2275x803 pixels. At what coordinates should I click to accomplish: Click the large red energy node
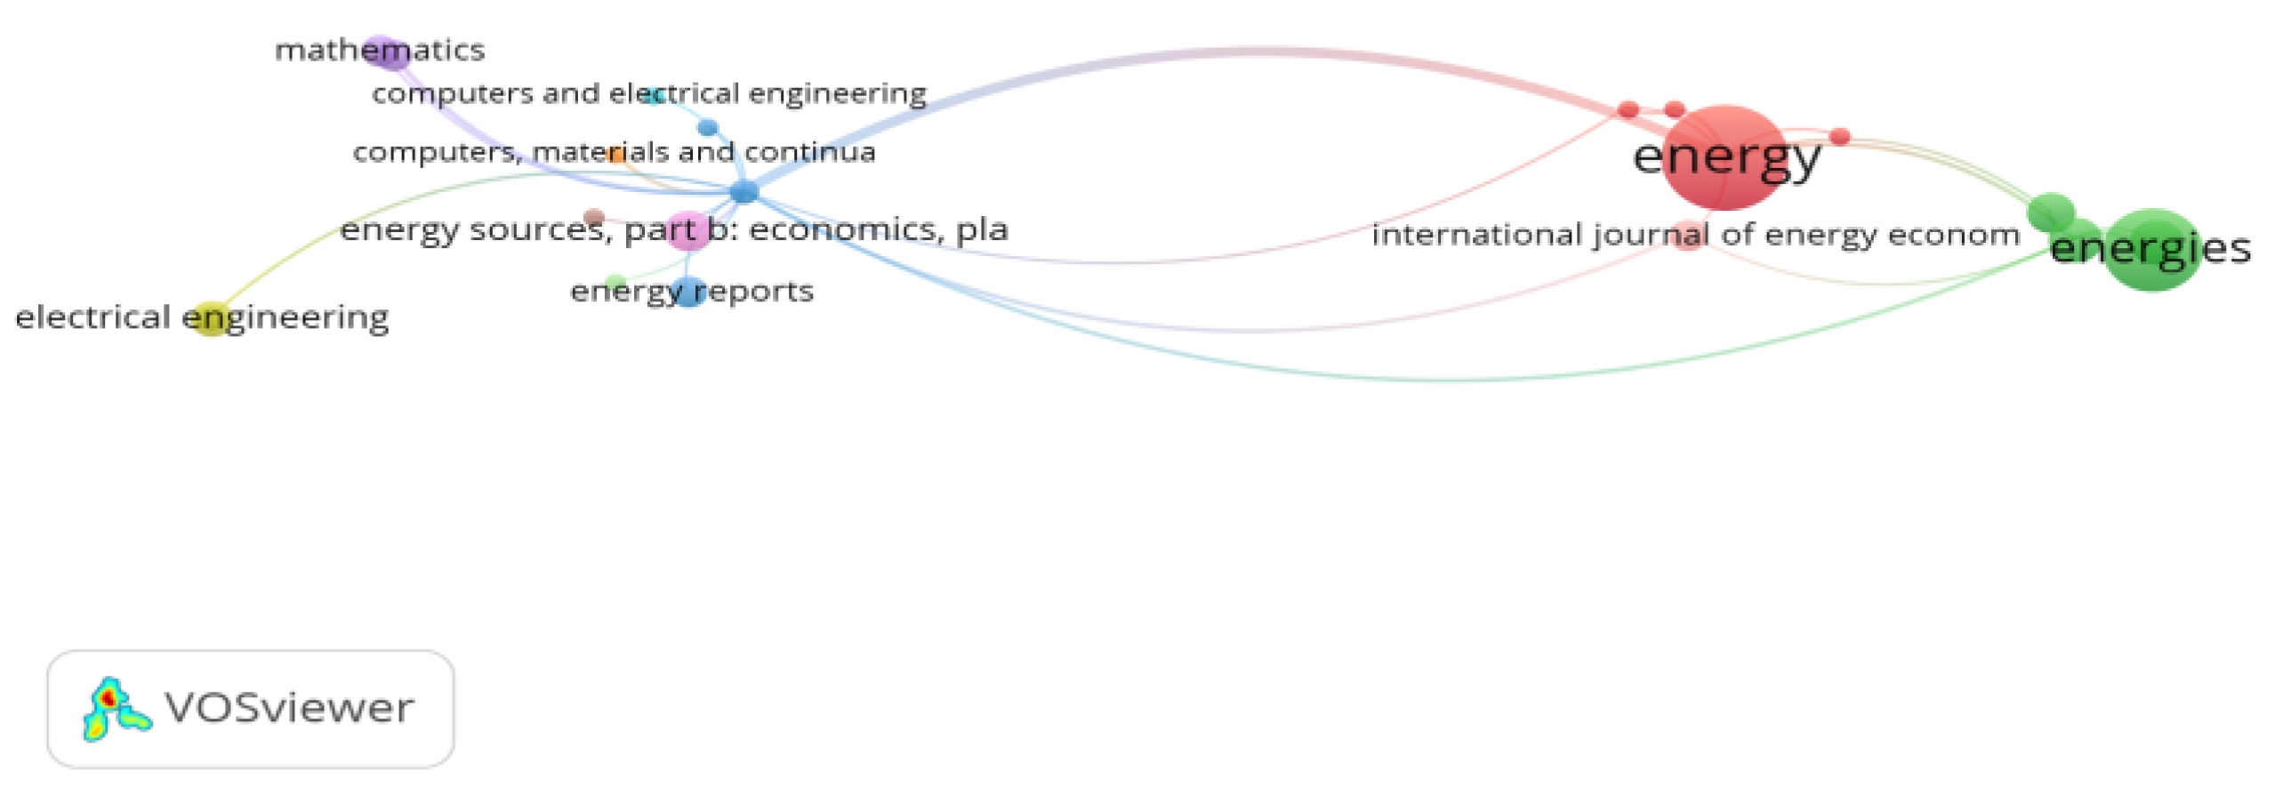[1724, 157]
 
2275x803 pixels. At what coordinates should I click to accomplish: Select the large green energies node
[2152, 250]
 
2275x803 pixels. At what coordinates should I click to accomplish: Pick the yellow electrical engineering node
[212, 318]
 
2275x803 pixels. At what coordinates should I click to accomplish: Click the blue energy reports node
[688, 292]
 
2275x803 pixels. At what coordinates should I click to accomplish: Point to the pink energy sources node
[687, 231]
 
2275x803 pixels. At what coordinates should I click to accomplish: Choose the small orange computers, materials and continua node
[615, 155]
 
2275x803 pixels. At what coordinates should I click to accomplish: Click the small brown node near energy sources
[594, 217]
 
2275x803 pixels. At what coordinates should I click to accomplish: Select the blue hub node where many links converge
[744, 191]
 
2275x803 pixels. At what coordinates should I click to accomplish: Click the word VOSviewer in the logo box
[289, 709]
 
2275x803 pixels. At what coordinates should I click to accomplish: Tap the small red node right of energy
[1840, 137]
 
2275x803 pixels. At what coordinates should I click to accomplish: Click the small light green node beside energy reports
[615, 284]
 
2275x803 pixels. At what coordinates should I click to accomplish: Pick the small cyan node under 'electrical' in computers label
[654, 96]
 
